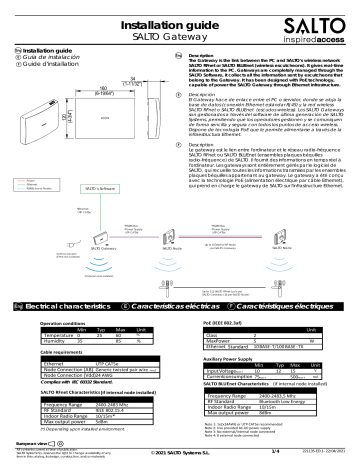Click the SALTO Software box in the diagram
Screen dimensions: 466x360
tap(97, 187)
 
